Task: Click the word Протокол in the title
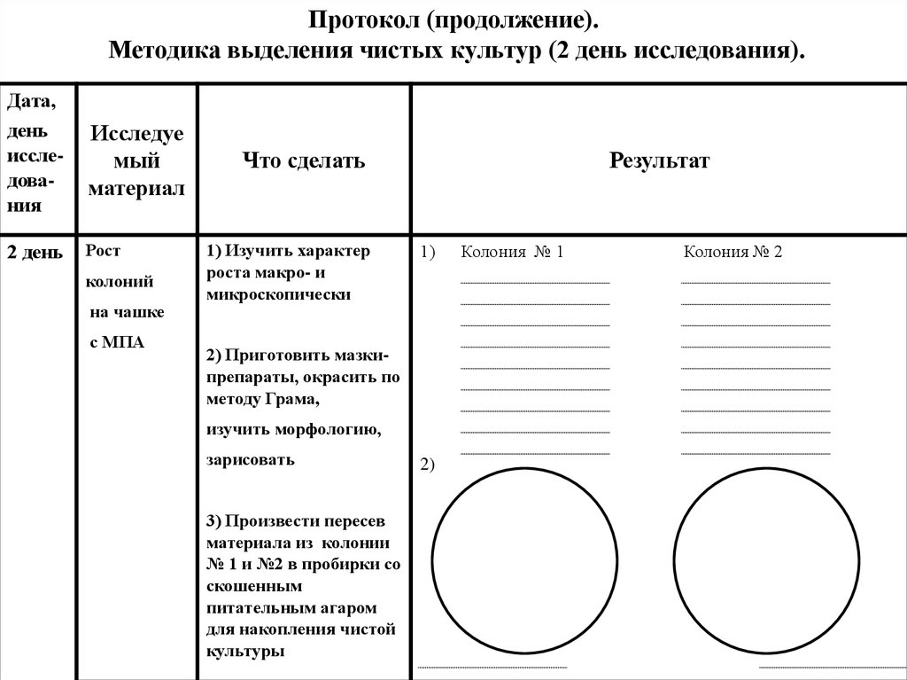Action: coord(353,20)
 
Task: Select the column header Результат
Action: coord(658,161)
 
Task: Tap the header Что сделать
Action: coord(304,161)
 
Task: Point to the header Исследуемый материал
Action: coord(137,161)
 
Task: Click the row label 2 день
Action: coord(35,254)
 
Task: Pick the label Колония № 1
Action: coord(512,253)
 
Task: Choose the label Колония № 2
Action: coord(733,253)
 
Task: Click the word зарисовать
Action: coord(251,460)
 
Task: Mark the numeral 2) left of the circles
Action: coord(427,465)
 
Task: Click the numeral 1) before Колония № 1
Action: coord(429,253)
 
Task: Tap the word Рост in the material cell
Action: coord(102,251)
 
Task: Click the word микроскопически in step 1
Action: coord(278,294)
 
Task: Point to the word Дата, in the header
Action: coord(32,102)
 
